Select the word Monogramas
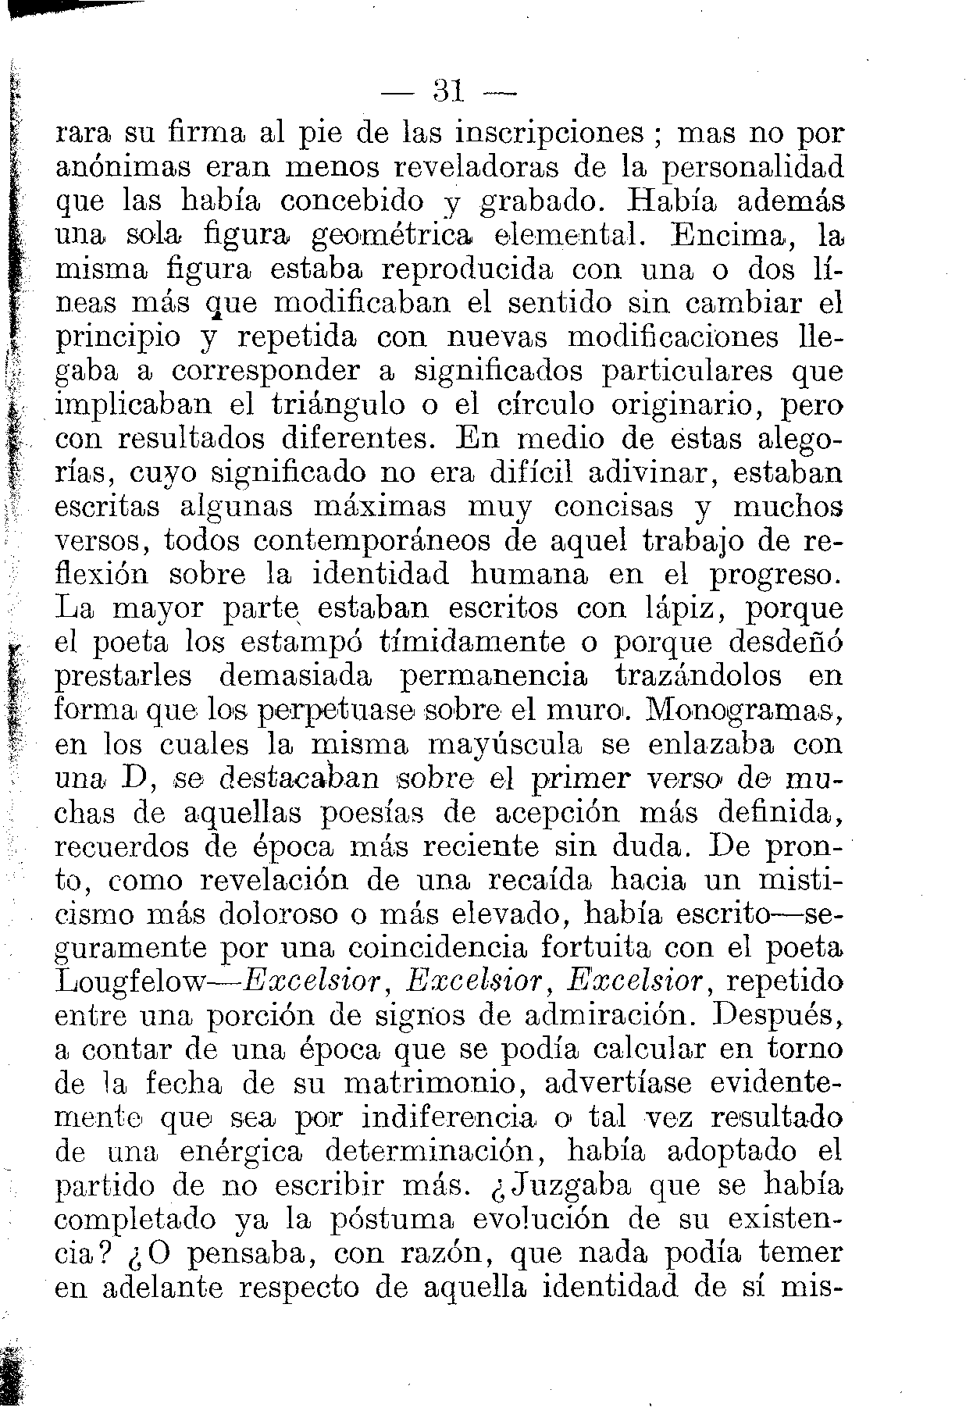(748, 711)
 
